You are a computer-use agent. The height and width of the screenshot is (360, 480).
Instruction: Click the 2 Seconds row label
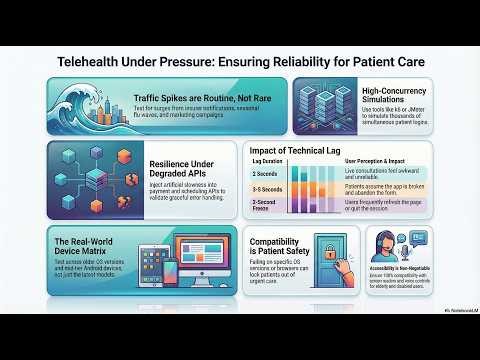[x=264, y=173]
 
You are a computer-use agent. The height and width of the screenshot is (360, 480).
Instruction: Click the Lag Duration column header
[x=267, y=161]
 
